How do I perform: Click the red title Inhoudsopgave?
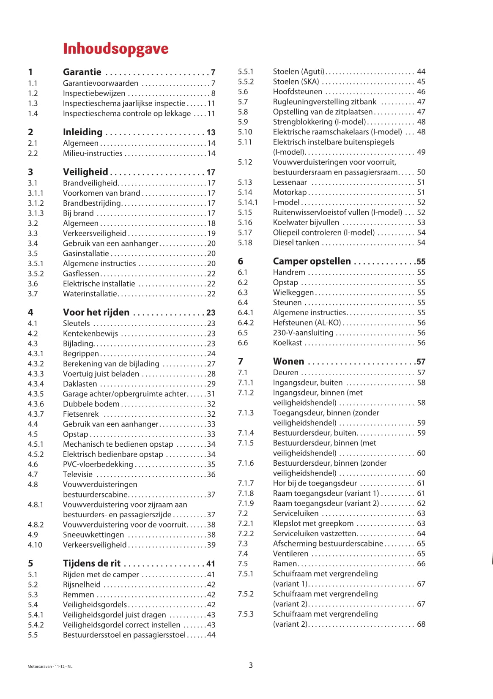[x=115, y=49]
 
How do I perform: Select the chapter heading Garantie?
[x=82, y=72]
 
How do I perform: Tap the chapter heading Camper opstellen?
[x=312, y=261]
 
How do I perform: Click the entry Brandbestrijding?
[x=92, y=203]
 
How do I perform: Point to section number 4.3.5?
[x=36, y=394]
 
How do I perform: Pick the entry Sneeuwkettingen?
[x=93, y=535]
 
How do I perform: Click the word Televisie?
[x=77, y=474]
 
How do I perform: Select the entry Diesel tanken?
[x=296, y=243]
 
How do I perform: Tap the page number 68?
[x=421, y=624]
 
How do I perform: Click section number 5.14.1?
[x=247, y=202]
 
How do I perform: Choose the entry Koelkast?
[x=287, y=343]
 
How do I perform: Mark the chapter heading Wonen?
[x=288, y=361]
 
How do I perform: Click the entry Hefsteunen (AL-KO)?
[x=307, y=322]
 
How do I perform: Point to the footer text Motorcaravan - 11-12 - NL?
[x=50, y=666]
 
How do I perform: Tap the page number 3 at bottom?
[x=251, y=665]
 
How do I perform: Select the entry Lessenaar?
[x=290, y=182]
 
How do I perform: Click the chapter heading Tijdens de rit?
[x=92, y=563]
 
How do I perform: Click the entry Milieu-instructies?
[x=93, y=153]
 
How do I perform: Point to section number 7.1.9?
[x=246, y=503]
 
